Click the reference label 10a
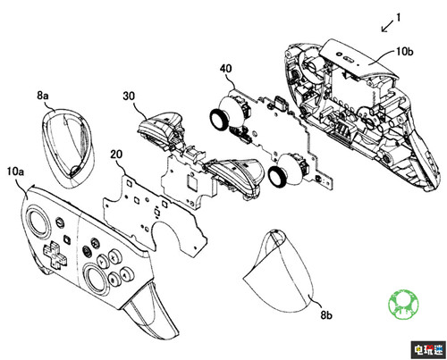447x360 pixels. click(15, 172)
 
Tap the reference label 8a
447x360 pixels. click(43, 96)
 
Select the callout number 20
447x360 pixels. click(116, 155)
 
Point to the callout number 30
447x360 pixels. click(129, 96)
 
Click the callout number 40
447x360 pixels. click(225, 69)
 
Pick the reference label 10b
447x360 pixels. click(405, 52)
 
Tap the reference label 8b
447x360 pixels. click(326, 314)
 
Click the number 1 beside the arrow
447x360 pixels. click(398, 18)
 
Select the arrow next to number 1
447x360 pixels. click(387, 27)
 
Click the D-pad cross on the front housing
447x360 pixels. click(55, 255)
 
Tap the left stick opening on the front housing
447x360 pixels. click(38, 221)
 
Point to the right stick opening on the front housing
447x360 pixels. click(95, 277)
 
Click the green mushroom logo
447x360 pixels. click(403, 304)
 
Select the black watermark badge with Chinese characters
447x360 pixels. click(429, 349)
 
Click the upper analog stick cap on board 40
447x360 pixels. click(219, 120)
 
